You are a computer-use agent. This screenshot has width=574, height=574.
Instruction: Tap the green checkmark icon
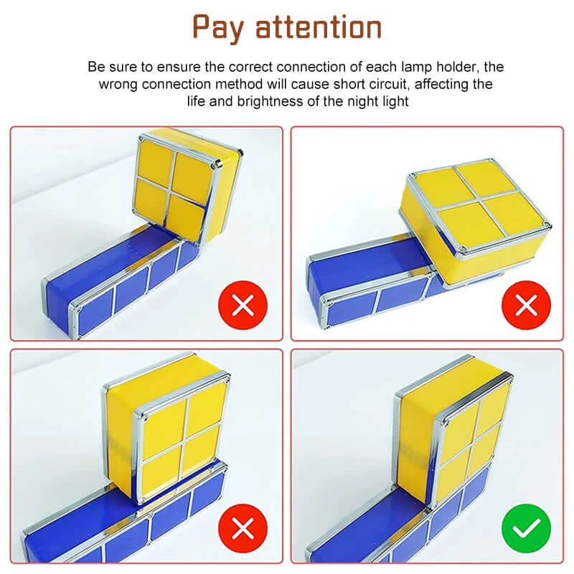(x=527, y=530)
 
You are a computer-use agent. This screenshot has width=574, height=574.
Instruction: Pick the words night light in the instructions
(x=377, y=101)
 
